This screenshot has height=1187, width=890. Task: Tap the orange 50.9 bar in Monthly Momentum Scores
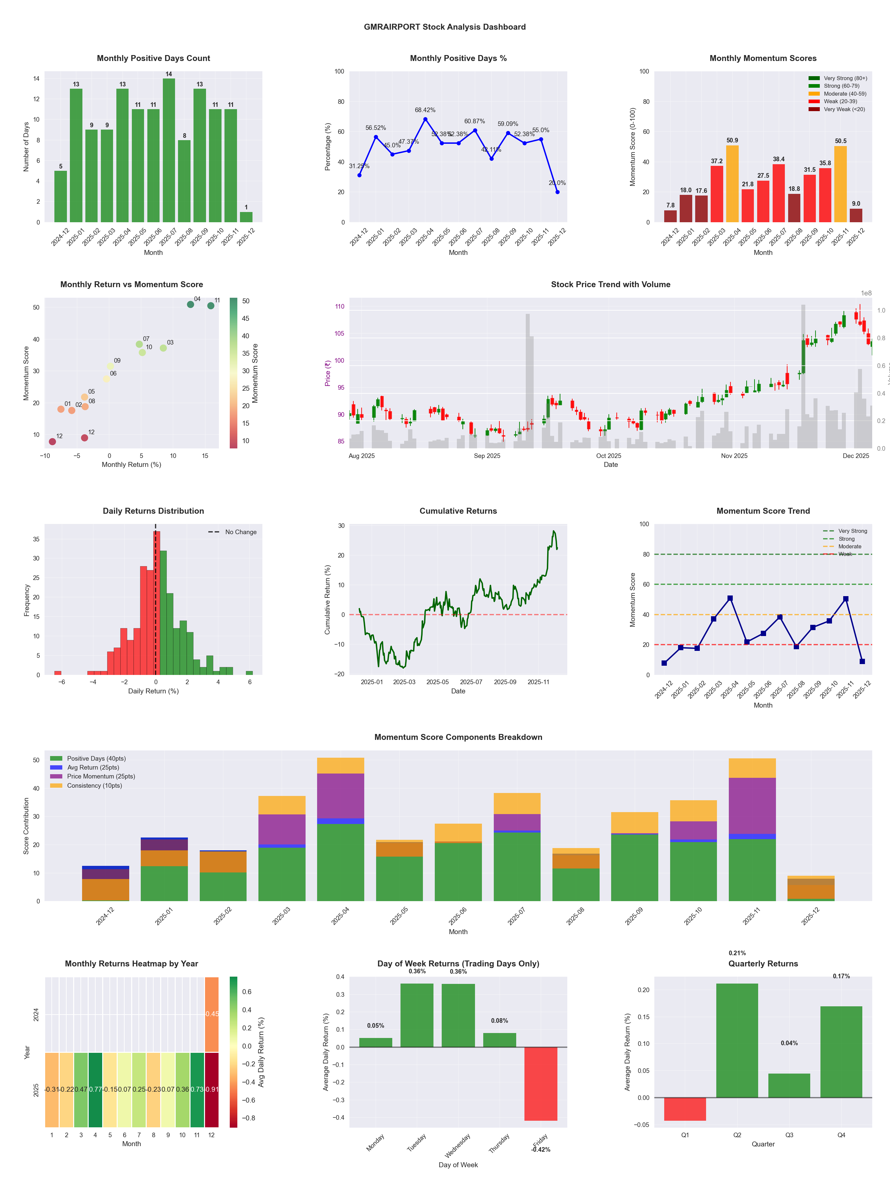point(732,184)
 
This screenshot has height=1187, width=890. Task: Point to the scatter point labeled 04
point(191,304)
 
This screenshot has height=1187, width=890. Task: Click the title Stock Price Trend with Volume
point(610,285)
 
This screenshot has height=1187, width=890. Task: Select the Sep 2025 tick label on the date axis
point(487,456)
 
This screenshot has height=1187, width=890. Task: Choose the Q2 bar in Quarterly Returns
point(737,1041)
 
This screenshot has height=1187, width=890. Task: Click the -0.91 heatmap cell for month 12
point(211,1089)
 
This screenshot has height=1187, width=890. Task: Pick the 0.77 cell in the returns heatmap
point(95,1089)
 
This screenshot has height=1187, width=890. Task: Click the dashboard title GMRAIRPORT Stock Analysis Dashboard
point(445,27)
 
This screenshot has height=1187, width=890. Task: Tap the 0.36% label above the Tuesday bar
point(417,971)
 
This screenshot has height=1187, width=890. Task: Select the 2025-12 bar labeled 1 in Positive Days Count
point(246,217)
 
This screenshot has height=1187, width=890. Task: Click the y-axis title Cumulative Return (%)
point(327,599)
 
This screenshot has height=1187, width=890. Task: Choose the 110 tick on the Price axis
point(340,306)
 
